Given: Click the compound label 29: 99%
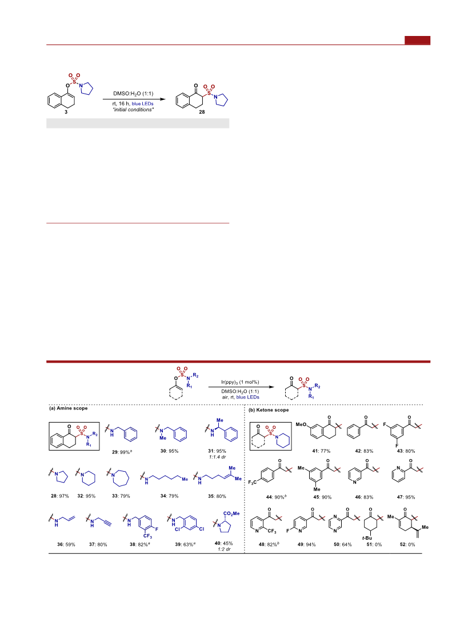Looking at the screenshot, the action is click(x=121, y=452).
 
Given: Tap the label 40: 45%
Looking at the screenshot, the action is click(x=224, y=543).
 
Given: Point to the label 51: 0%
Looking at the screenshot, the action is click(x=374, y=544).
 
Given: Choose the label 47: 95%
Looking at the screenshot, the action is click(x=406, y=497).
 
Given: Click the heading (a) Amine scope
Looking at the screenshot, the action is click(x=68, y=408).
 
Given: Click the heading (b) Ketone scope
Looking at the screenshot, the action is click(x=269, y=409).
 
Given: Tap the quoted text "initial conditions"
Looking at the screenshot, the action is click(x=133, y=110).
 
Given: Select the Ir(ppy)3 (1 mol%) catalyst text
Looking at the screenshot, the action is click(x=240, y=382).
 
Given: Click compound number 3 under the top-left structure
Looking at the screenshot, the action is click(x=66, y=112).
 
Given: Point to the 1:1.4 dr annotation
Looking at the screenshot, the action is click(x=217, y=457).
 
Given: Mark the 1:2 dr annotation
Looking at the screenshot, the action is click(x=224, y=549).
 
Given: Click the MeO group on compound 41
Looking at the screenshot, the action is click(x=301, y=425).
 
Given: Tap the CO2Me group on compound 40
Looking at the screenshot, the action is click(x=231, y=514).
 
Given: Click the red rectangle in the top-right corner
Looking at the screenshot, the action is click(x=417, y=40).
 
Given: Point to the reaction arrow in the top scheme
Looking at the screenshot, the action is click(x=134, y=99).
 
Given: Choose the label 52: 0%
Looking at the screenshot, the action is click(x=407, y=544).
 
